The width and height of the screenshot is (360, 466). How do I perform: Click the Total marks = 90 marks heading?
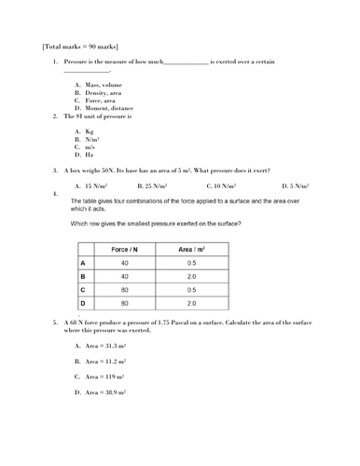80,45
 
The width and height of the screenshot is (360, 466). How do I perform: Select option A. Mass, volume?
98,85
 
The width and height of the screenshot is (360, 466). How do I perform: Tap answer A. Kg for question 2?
85,131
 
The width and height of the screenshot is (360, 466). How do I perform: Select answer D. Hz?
85,155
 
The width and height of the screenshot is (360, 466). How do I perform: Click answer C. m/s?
86,147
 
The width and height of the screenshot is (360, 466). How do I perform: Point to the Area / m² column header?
191,250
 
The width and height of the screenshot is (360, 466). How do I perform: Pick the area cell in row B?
191,277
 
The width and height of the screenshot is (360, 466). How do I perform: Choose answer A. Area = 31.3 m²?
101,345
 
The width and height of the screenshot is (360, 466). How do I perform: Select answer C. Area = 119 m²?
100,377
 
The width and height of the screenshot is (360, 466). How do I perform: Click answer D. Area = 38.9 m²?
101,392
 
